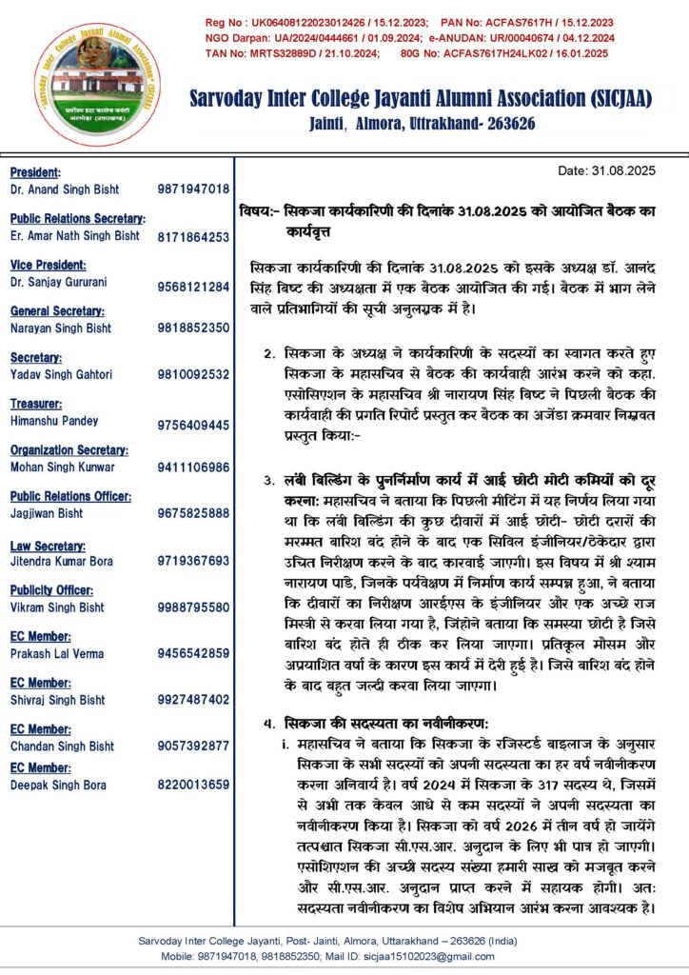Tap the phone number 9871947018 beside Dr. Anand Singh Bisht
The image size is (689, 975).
pos(193,189)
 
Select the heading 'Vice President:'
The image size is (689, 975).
pos(48,266)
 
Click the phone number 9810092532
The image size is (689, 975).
pos(193,374)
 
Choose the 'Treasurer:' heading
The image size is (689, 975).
pos(37,404)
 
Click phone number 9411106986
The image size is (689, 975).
pos(193,468)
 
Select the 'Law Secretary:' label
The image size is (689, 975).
pos(48,545)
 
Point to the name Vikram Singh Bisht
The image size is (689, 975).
pos(58,607)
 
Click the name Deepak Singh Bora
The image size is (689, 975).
pos(58,785)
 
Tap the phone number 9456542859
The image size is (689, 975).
pos(193,653)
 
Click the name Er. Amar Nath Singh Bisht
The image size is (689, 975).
pos(74,236)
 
